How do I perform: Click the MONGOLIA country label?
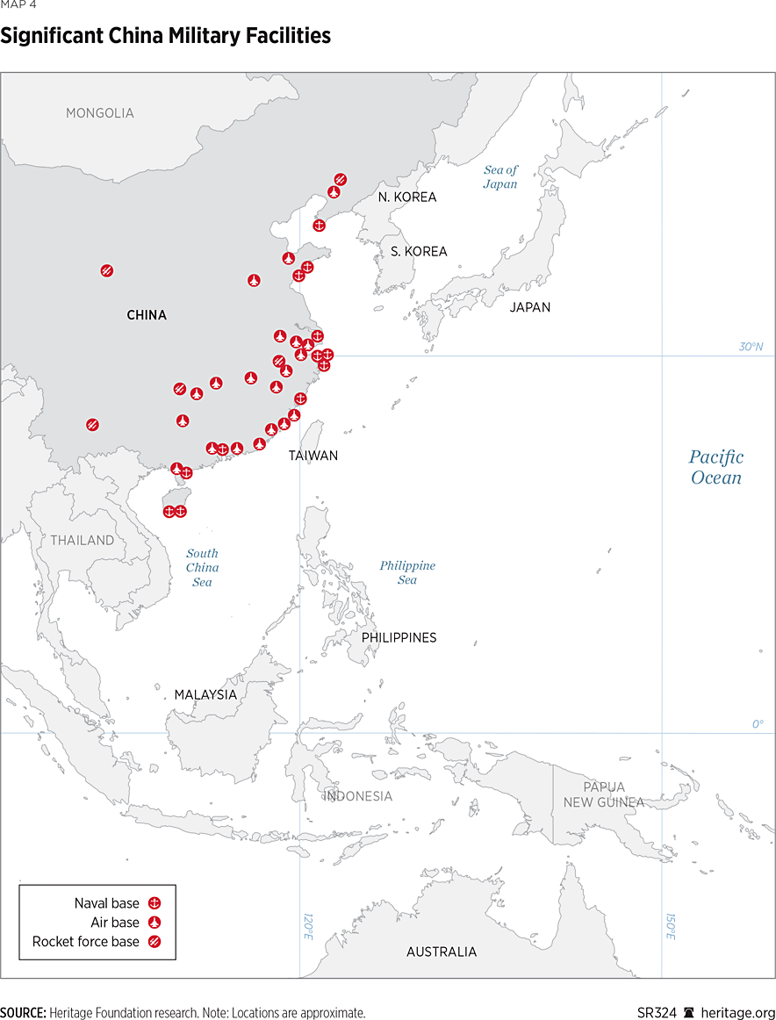[100, 113]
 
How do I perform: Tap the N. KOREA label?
[407, 198]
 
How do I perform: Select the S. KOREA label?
[419, 252]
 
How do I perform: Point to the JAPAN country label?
[530, 307]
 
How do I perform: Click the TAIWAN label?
[313, 456]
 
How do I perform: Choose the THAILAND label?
[82, 541]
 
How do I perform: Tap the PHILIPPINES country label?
[399, 638]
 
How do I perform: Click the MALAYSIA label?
[205, 694]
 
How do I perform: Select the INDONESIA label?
[358, 796]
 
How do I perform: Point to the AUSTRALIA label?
[442, 952]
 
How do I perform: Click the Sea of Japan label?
[500, 177]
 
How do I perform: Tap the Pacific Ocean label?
[715, 467]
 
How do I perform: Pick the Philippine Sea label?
[407, 572]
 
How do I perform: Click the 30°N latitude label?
[751, 347]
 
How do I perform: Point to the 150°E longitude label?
[670, 925]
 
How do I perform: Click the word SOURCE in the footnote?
[23, 1012]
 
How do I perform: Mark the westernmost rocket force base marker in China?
[92, 425]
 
